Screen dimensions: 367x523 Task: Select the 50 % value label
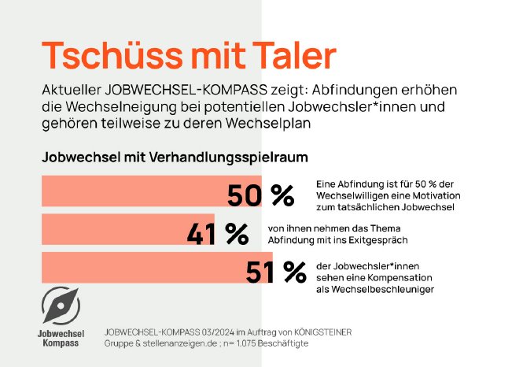click(260, 194)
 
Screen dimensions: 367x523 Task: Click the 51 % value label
click(275, 272)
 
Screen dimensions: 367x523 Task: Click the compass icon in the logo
click(62, 305)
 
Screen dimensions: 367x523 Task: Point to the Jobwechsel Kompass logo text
click(61, 339)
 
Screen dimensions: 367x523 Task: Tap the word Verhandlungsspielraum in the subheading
click(227, 157)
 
